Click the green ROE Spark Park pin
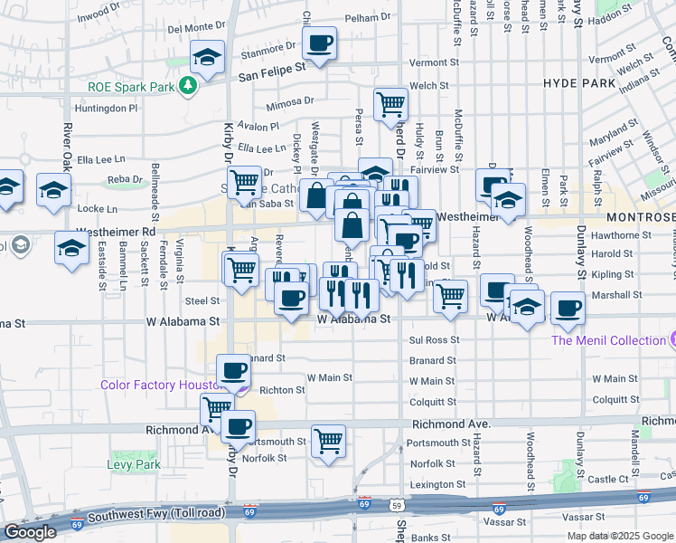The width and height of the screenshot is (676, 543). [188, 86]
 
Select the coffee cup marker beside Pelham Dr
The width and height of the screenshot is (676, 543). [320, 43]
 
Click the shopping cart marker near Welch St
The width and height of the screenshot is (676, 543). [390, 103]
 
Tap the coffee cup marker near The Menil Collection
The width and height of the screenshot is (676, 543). [568, 309]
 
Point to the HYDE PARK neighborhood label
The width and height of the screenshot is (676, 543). [579, 82]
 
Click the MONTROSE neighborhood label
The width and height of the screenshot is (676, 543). [641, 218]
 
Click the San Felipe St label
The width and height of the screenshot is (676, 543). [271, 65]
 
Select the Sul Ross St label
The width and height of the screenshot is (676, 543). [434, 340]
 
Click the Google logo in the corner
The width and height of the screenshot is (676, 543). [29, 532]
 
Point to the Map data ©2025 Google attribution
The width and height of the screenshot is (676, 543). [620, 536]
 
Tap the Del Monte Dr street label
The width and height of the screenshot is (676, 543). [196, 27]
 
